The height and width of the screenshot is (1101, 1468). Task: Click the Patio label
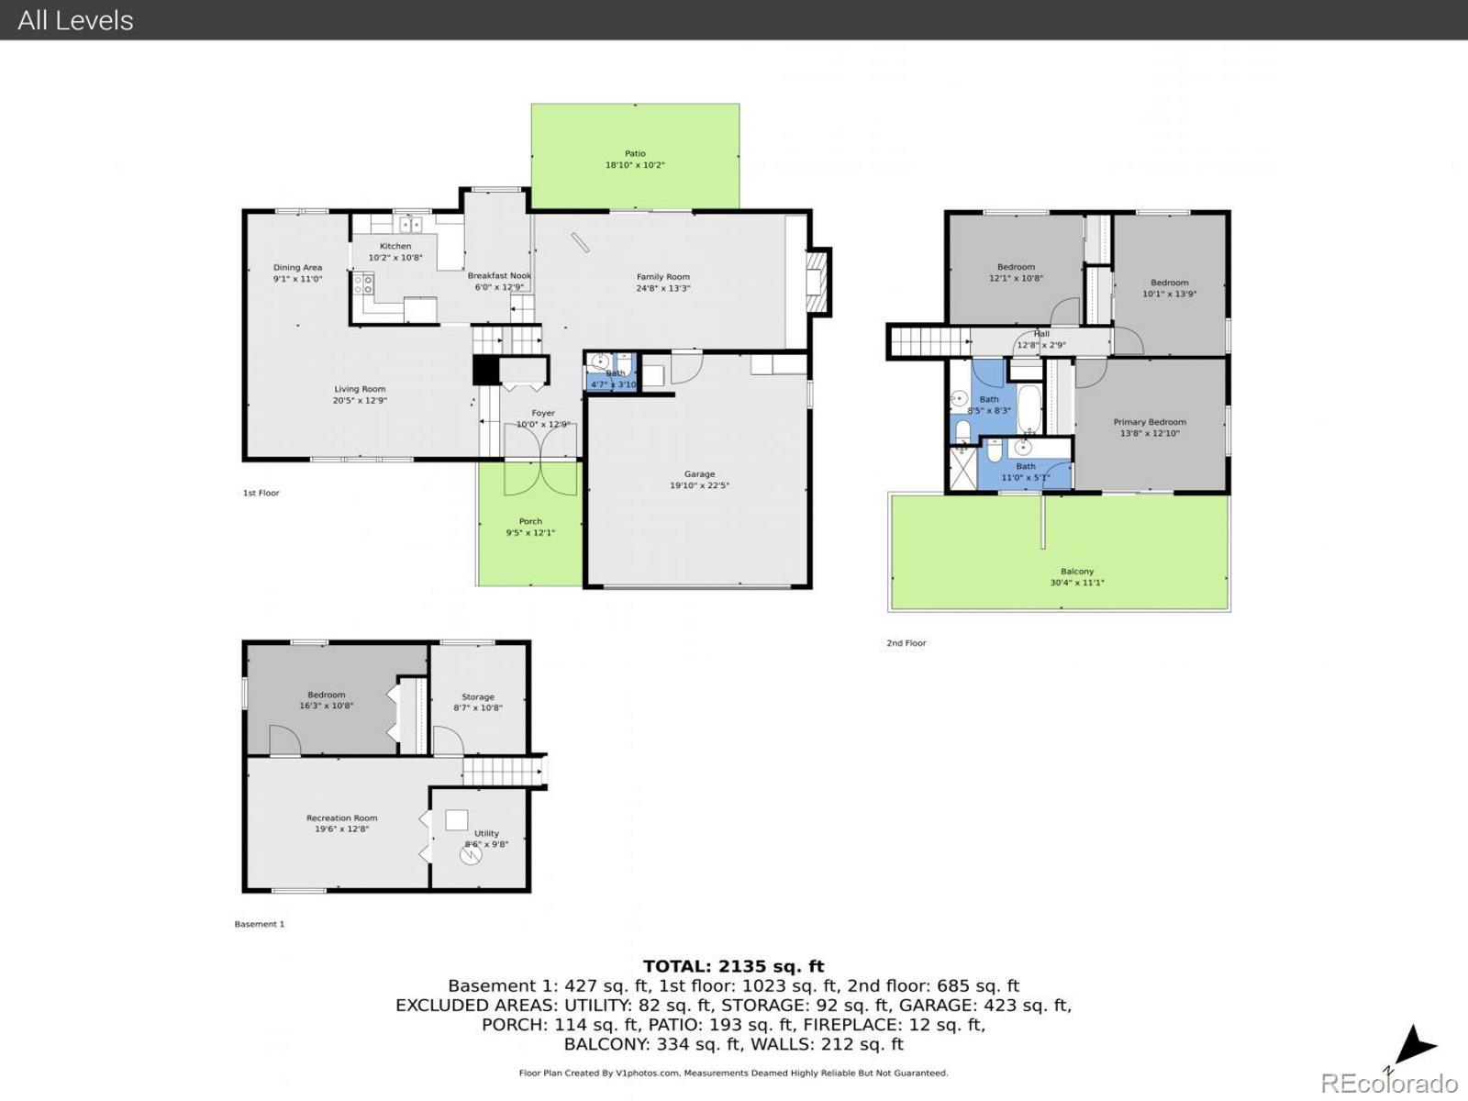click(x=635, y=154)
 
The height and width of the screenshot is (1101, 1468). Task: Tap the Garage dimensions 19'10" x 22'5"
click(x=699, y=486)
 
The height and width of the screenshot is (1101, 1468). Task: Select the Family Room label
click(x=662, y=277)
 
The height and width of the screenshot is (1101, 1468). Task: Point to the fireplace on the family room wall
click(x=815, y=282)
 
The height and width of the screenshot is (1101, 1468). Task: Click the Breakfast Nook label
click(x=499, y=275)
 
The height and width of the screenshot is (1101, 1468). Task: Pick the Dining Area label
click(x=297, y=268)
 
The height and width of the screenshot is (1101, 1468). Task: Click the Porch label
click(x=530, y=521)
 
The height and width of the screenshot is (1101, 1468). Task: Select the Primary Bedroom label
click(x=1150, y=422)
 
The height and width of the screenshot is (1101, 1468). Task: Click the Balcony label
click(x=1077, y=572)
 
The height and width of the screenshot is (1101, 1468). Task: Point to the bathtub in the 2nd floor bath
click(x=1029, y=409)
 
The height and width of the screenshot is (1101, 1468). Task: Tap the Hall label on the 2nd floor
click(x=1041, y=334)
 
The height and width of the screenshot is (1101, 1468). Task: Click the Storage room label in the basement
click(x=478, y=697)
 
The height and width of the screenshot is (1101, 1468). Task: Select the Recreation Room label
click(x=341, y=818)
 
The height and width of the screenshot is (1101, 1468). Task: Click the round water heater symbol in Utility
click(x=470, y=855)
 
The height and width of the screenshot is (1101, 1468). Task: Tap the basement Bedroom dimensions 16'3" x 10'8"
click(x=326, y=706)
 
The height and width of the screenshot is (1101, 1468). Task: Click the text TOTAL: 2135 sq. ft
click(x=733, y=966)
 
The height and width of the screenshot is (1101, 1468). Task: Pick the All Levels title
click(x=75, y=20)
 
